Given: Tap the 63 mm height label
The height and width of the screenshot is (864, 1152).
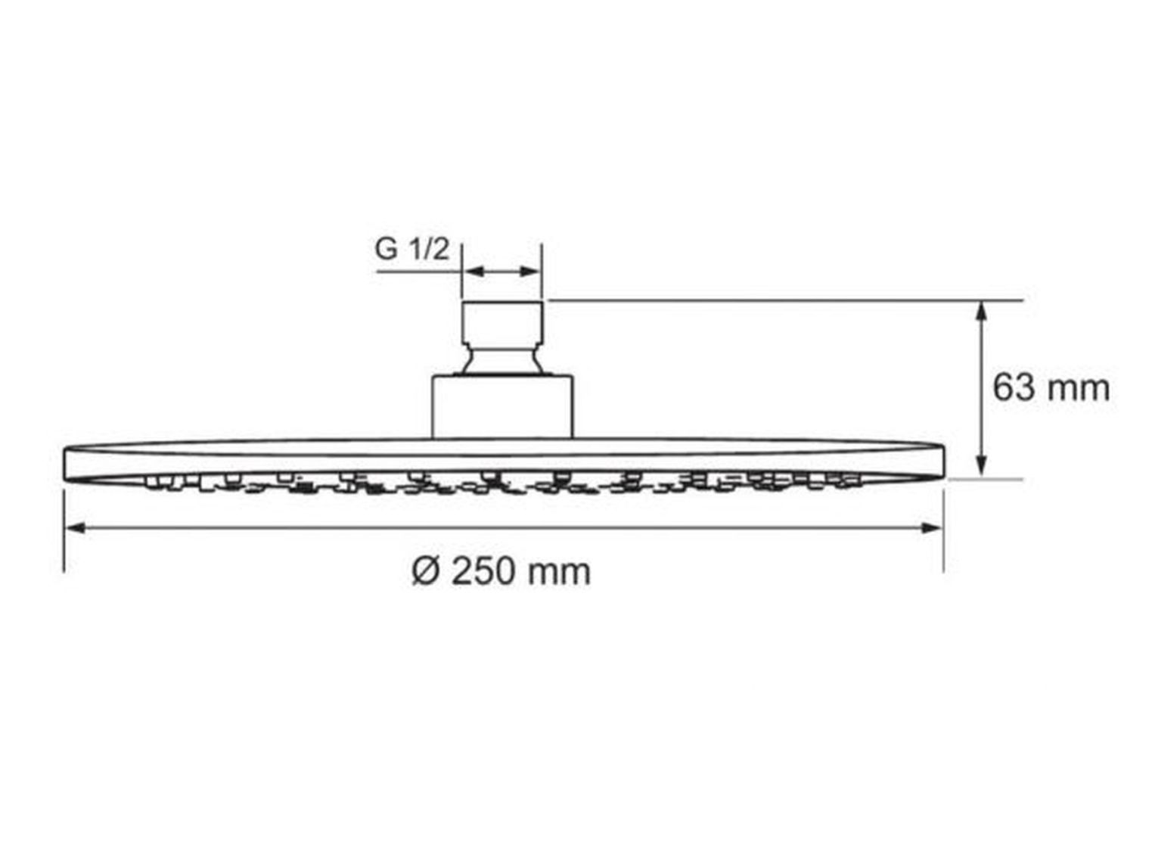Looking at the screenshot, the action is pos(1051,388).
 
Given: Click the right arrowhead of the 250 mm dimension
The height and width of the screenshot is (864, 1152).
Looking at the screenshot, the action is pos(933,527).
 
